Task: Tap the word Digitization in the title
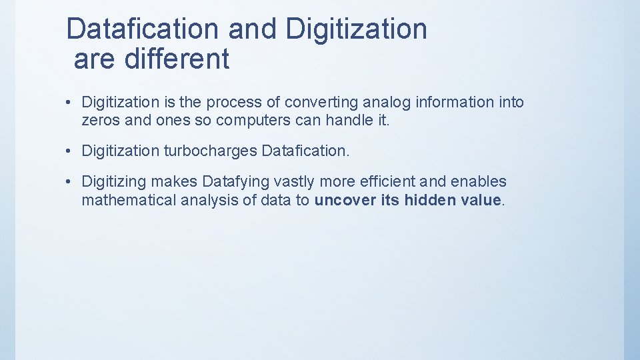(355, 29)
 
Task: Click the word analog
(387, 103)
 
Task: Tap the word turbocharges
(210, 151)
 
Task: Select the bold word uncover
(345, 201)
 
